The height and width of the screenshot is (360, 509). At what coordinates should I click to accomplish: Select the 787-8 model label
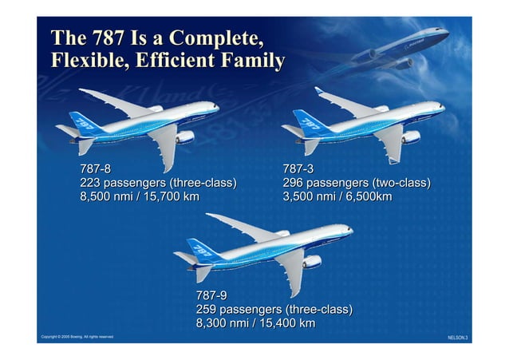point(95,169)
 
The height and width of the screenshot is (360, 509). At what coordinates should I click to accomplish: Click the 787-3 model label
point(298,169)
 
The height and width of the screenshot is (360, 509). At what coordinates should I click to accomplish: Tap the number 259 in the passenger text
point(207,309)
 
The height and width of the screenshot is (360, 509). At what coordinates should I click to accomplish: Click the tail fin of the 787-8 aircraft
point(82,122)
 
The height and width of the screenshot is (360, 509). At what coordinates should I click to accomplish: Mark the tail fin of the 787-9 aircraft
point(201,249)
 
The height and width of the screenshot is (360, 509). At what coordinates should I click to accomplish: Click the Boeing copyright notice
point(77,337)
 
